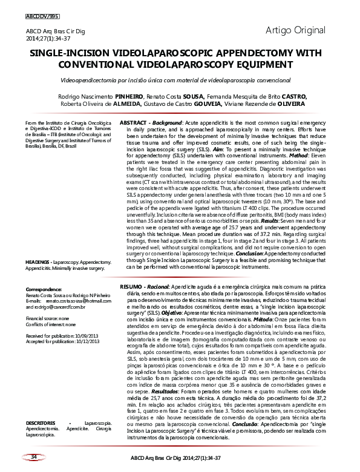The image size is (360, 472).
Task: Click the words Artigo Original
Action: click(x=295, y=30)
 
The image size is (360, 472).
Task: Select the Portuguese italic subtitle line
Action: click(x=180, y=79)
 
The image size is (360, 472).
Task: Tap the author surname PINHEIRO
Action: click(x=131, y=96)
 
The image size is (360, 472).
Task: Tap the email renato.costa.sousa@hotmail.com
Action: click(x=76, y=301)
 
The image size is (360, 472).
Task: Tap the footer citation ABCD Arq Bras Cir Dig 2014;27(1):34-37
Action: click(x=180, y=458)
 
